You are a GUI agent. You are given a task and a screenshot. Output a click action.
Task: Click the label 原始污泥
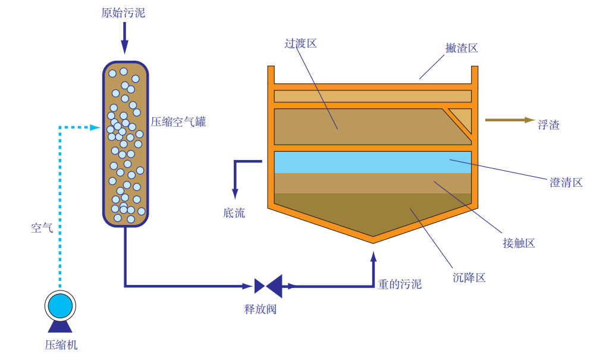pos(123,13)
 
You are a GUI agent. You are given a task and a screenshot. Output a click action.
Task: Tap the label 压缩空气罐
pos(178,122)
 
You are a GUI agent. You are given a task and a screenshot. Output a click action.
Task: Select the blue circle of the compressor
pos(60,306)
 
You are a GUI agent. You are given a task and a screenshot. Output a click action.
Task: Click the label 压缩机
pos(61,345)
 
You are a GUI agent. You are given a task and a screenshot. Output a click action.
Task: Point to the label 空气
pos(42,227)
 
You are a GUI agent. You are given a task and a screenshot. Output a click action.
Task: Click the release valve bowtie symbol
pos(268,286)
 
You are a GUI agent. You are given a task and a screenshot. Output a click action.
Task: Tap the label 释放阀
pos(260,309)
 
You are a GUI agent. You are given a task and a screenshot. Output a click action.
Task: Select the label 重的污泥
pos(400,284)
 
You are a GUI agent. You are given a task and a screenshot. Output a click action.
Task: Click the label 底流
pos(234,212)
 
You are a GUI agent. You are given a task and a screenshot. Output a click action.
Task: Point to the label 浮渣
pos(548,125)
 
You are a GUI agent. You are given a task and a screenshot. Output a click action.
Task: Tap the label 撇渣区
pos(461,48)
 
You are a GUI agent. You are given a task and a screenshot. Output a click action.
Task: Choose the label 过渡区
pos(300,43)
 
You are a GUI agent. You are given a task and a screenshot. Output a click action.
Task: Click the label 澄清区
pos(566,183)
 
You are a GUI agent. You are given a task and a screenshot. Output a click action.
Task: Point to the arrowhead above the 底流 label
pos(235,193)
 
